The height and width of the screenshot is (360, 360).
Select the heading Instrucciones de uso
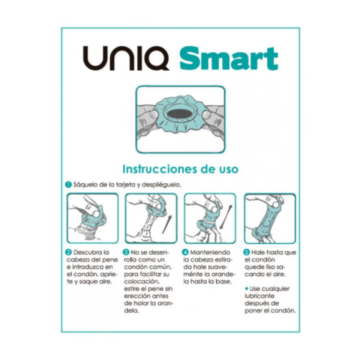point(180,169)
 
